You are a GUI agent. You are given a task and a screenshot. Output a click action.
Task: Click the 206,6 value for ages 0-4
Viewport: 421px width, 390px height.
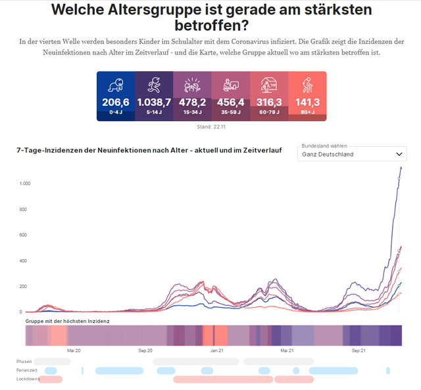pos(116,102)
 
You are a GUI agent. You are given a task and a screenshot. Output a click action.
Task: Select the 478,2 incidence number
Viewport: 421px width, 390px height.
pos(192,102)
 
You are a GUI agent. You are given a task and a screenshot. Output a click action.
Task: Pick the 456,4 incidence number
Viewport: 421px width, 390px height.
pos(230,102)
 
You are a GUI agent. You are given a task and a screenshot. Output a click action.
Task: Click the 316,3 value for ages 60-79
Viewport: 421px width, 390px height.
pos(268,102)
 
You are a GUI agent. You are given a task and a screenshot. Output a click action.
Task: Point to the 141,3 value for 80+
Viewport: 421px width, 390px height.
pos(307,102)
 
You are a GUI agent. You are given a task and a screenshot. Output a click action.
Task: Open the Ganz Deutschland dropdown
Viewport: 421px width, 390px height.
pos(352,154)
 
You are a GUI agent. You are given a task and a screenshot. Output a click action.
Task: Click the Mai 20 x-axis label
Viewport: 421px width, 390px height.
pos(74,351)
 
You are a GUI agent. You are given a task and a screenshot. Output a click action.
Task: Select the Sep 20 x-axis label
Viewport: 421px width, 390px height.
pos(145,351)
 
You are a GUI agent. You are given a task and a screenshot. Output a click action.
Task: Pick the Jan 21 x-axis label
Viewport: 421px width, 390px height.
pos(217,351)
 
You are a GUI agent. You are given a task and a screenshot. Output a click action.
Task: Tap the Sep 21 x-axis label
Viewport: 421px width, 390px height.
pos(359,351)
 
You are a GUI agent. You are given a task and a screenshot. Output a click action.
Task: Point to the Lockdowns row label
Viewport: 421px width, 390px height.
pos(28,379)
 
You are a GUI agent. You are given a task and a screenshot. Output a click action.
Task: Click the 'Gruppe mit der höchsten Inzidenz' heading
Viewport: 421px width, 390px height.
pos(68,320)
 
